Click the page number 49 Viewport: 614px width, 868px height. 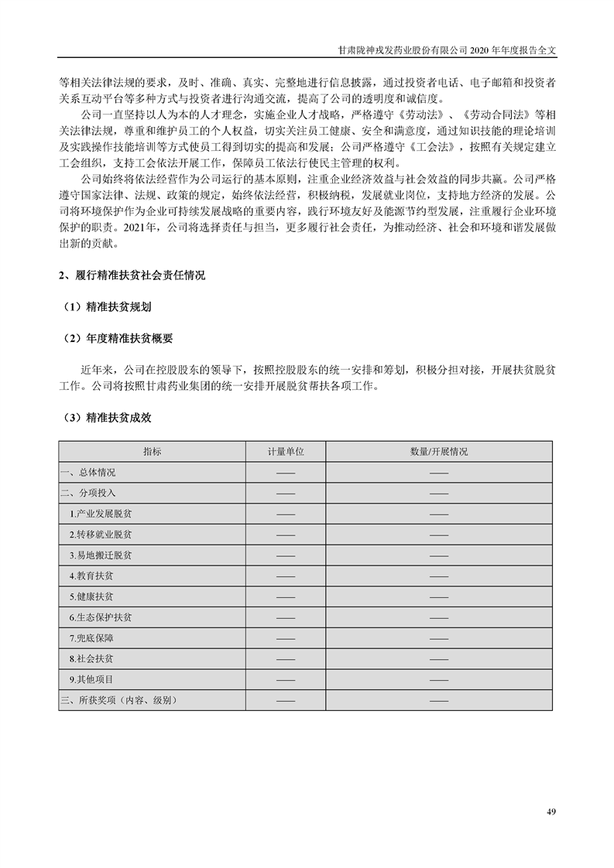tap(551, 812)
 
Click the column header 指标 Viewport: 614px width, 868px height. tap(152, 451)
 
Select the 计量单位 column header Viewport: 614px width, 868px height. tap(285, 451)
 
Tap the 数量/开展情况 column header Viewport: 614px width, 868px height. tap(439, 451)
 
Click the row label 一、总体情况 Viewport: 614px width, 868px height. tap(87, 472)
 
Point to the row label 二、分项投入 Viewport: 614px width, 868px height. tap(87, 493)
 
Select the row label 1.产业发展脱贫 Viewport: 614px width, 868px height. tap(101, 514)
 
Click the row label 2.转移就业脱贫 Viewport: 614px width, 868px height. tap(101, 535)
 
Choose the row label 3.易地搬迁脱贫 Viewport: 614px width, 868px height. tap(101, 555)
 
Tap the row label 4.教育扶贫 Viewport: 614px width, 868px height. tap(91, 576)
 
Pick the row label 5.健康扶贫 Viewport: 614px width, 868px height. tap(91, 597)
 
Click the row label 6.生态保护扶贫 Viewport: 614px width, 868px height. tap(101, 618)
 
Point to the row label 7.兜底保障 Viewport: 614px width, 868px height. tap(91, 638)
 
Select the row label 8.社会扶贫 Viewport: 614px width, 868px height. tap(91, 659)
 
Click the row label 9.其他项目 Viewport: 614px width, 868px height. tap(91, 679)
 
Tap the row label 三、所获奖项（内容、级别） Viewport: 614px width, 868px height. tap(119, 700)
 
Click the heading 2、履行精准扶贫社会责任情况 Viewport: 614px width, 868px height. tap(132, 276)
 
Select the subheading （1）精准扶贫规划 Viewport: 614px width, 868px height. tap(107, 306)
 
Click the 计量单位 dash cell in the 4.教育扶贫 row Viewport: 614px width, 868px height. tap(285, 576)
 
